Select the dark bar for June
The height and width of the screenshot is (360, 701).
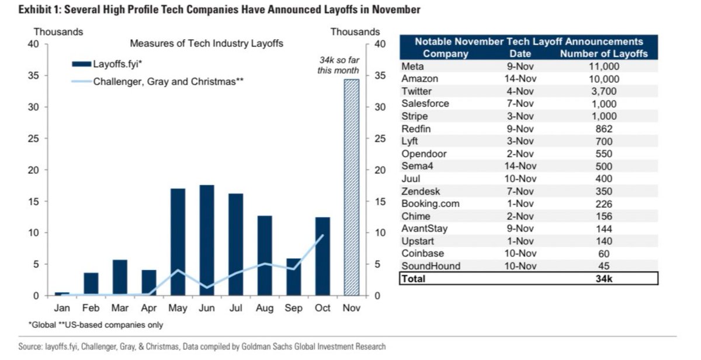[x=207, y=240]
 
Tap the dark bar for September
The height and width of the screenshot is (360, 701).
[x=294, y=277]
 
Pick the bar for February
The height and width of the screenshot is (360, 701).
[x=91, y=284]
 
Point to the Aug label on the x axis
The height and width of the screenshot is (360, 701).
[x=265, y=308]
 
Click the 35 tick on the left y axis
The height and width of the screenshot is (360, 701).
[x=33, y=76]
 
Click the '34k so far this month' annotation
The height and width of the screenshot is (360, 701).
[x=334, y=66]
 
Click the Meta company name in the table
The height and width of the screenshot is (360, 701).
[x=412, y=67]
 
